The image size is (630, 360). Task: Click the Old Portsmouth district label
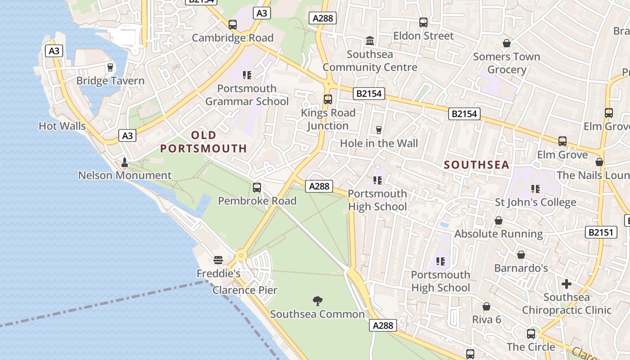pyautogui.click(x=204, y=142)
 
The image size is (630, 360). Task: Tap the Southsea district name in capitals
pyautogui.click(x=477, y=165)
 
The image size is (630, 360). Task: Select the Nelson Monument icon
pyautogui.click(x=125, y=162)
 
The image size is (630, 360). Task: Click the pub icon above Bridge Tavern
pyautogui.click(x=110, y=67)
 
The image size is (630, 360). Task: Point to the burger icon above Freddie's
pyautogui.click(x=218, y=260)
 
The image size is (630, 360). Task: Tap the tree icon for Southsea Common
pyautogui.click(x=318, y=301)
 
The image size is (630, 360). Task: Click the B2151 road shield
pyautogui.click(x=601, y=232)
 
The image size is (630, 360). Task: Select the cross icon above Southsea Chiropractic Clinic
pyautogui.click(x=567, y=284)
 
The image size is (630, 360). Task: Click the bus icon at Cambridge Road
pyautogui.click(x=233, y=25)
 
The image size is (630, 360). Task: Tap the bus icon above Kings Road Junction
pyautogui.click(x=328, y=99)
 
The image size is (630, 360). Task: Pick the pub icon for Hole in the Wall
pyautogui.click(x=379, y=130)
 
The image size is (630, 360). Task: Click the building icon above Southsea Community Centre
pyautogui.click(x=370, y=41)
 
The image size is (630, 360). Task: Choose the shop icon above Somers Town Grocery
pyautogui.click(x=507, y=43)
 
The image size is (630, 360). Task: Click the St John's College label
pyautogui.click(x=535, y=202)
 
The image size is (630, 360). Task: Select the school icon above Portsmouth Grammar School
pyautogui.click(x=247, y=75)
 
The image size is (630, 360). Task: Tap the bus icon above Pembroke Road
pyautogui.click(x=257, y=188)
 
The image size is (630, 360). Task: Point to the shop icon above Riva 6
pyautogui.click(x=486, y=306)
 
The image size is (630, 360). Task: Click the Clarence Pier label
pyautogui.click(x=245, y=290)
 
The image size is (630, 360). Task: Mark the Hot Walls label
pyautogui.click(x=62, y=126)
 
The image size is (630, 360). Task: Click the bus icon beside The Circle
pyautogui.click(x=531, y=334)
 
